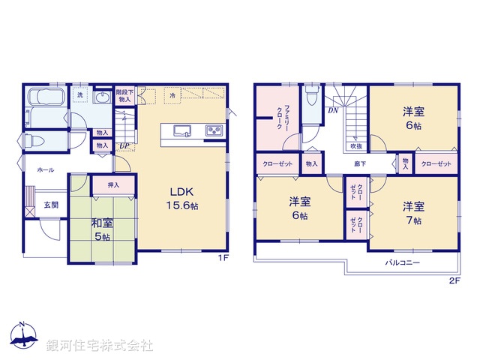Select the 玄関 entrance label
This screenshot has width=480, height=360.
click(x=49, y=205)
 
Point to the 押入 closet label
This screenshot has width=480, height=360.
click(x=114, y=184)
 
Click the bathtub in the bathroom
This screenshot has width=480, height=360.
click(x=46, y=99)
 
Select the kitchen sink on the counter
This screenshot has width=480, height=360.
click(x=183, y=131)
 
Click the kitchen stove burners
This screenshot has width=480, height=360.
click(x=214, y=132)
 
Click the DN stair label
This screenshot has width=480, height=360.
click(x=332, y=111)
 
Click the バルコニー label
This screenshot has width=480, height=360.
click(x=402, y=263)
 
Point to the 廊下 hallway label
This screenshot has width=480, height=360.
click(x=361, y=163)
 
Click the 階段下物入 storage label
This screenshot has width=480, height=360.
click(x=124, y=95)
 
